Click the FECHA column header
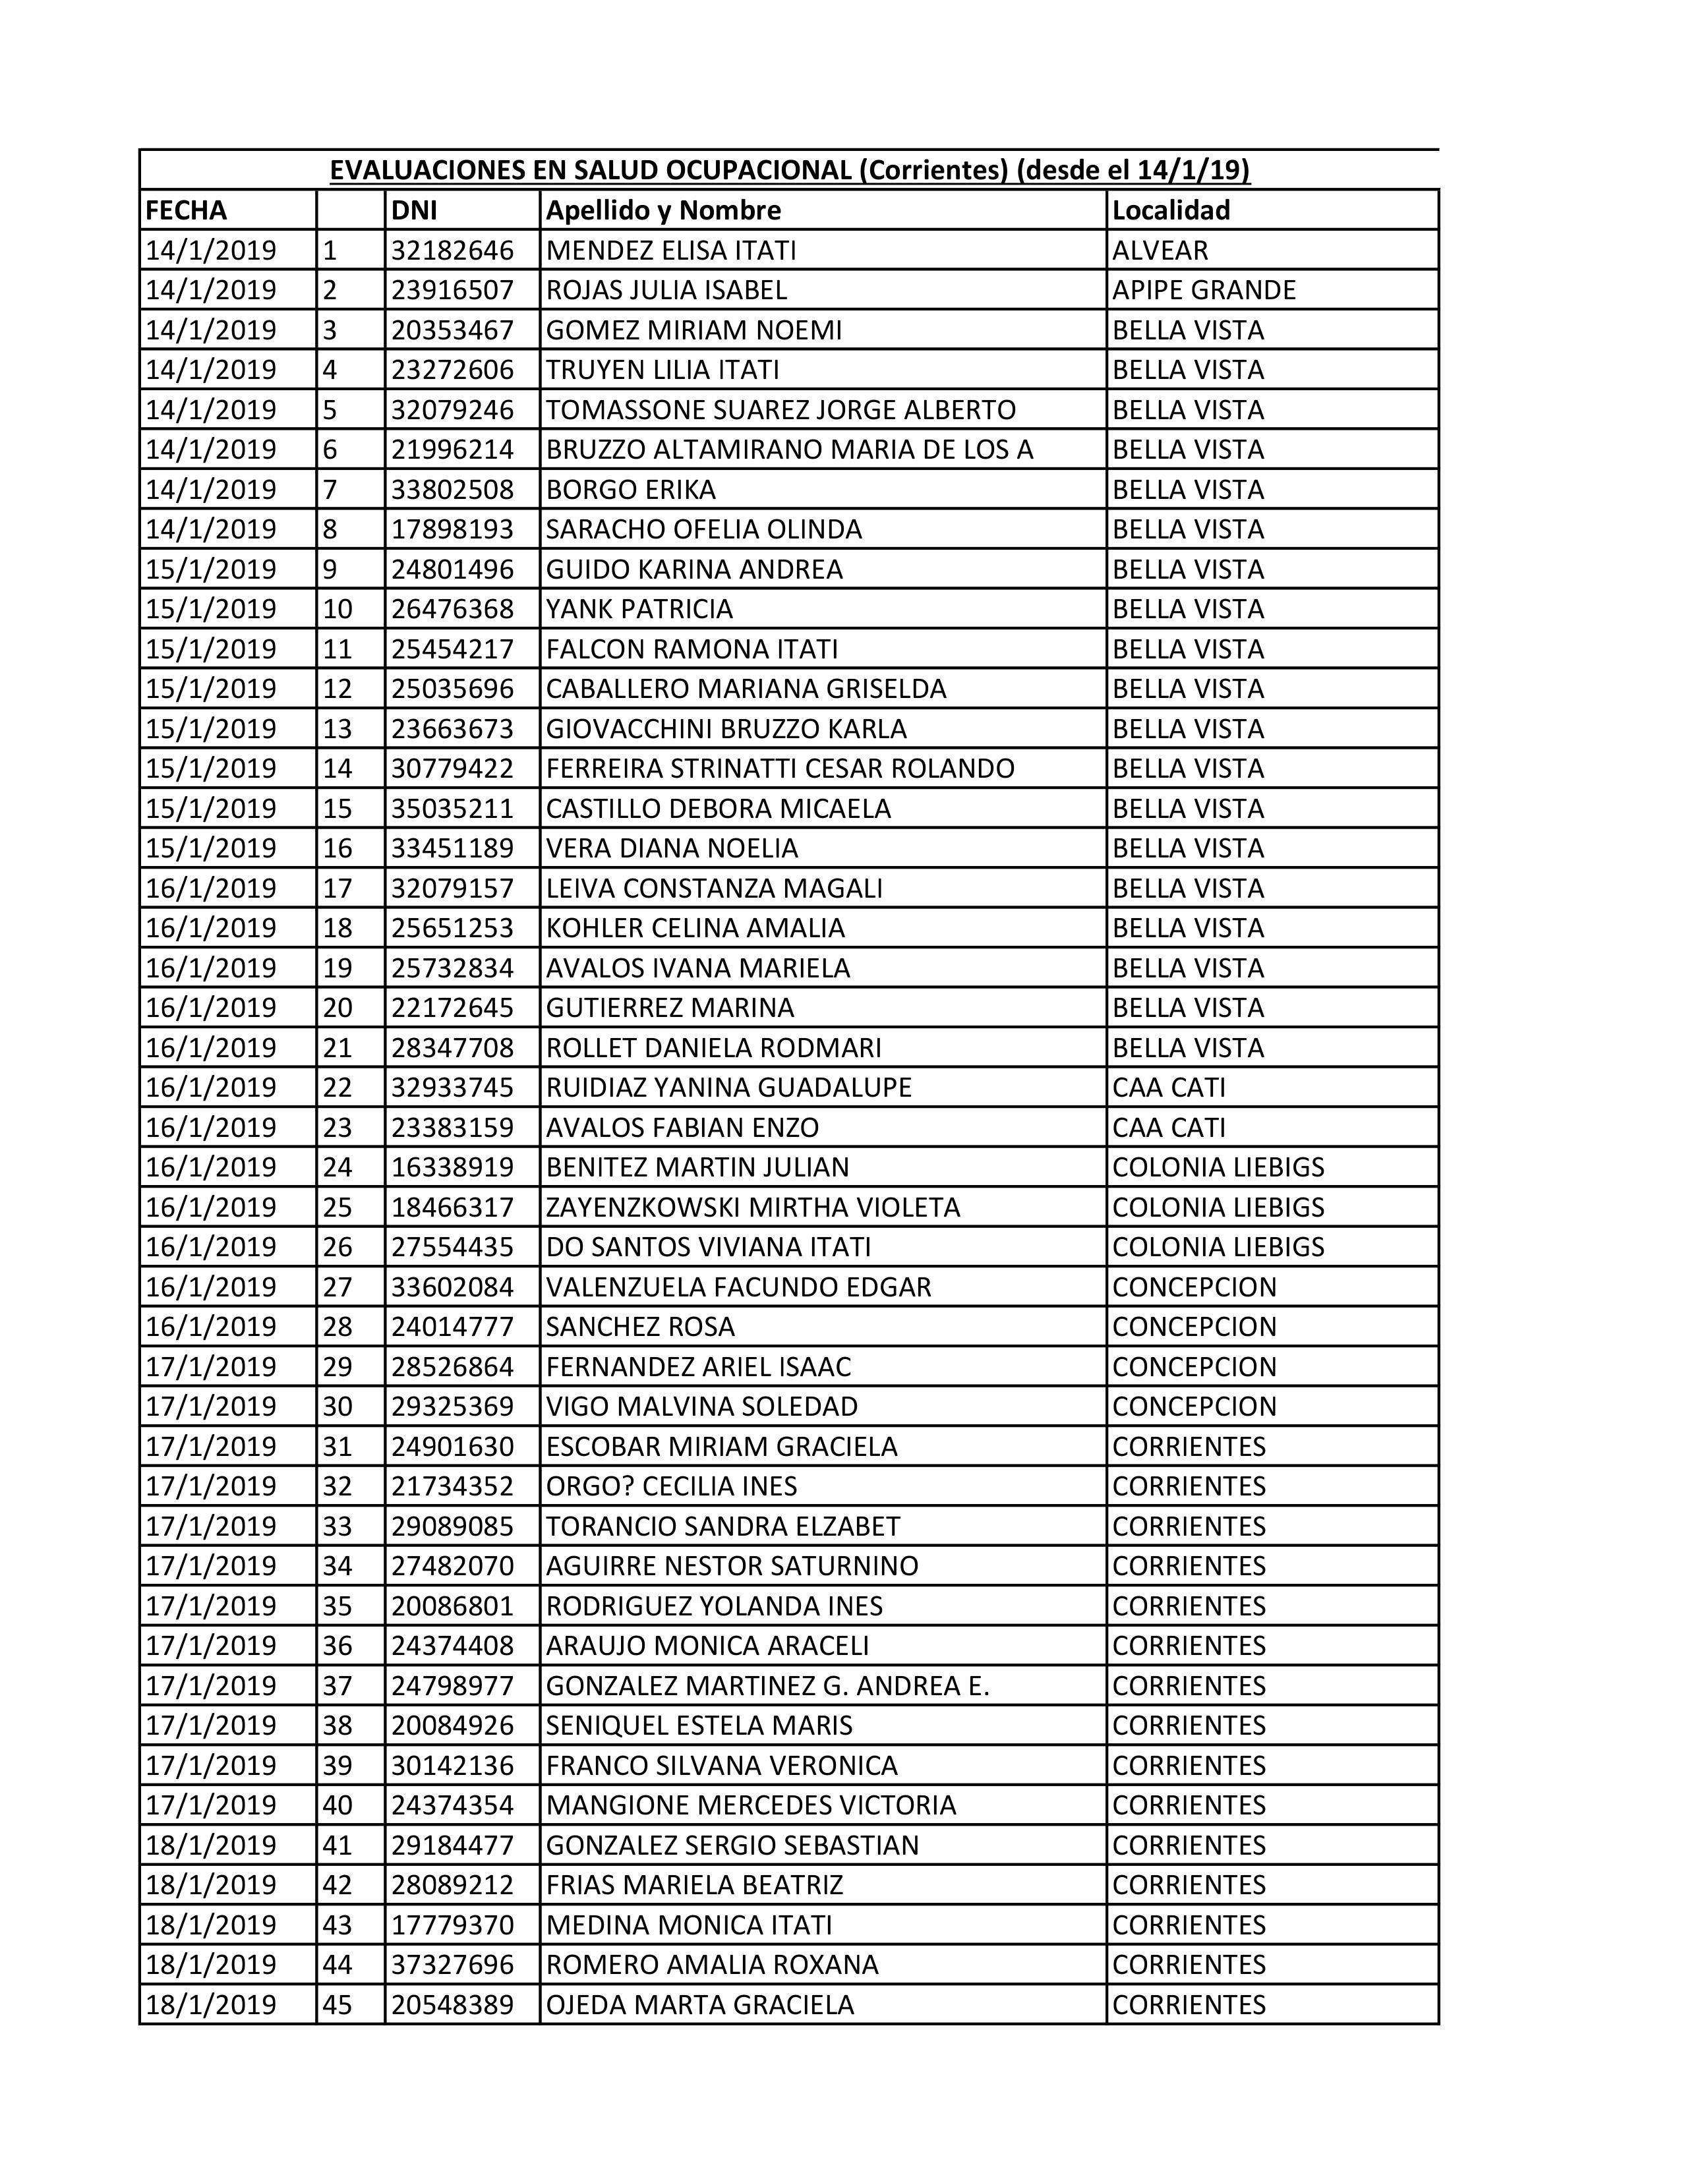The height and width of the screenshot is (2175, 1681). coord(186,210)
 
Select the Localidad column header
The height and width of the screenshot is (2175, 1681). coord(1171,210)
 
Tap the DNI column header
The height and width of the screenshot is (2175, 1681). coord(413,210)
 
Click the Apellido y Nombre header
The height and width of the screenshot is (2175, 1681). coord(663,210)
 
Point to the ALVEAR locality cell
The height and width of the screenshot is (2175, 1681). coord(1160,250)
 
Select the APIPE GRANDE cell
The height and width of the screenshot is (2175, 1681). coord(1204,290)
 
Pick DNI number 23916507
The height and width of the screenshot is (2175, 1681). coord(452,290)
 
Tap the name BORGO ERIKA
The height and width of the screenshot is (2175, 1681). coord(630,489)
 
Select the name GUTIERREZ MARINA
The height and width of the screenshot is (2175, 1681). coord(670,1008)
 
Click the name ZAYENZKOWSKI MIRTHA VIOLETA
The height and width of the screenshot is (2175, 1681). coord(753,1207)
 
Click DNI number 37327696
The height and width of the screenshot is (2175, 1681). coord(452,1965)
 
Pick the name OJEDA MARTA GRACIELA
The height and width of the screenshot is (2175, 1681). coord(700,2005)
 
